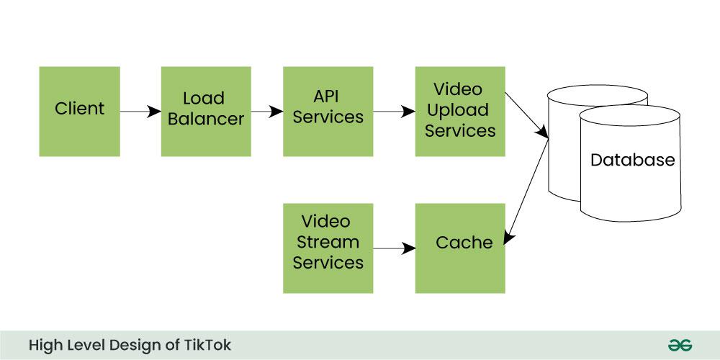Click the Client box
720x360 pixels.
79,111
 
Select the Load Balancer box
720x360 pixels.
206,111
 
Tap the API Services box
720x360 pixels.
328,111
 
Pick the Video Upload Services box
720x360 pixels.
460,111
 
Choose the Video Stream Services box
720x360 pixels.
328,248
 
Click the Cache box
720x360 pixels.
460,248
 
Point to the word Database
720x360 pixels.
632,160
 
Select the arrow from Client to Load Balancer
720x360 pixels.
140,112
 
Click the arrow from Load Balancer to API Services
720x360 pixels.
267,112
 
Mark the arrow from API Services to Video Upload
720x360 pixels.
395,112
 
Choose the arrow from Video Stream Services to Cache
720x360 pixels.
395,249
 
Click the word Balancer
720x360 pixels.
206,119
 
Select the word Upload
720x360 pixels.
460,110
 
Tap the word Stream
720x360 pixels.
328,241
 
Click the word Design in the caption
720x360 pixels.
137,345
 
